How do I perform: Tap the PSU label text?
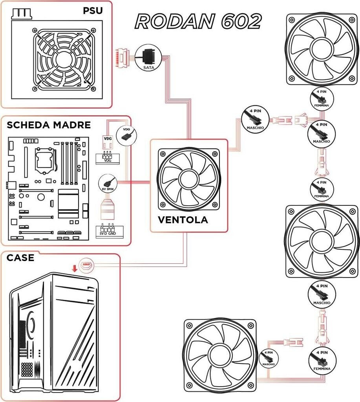(x=93, y=10)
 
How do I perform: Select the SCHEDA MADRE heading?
(x=49, y=125)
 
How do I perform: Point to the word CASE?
(x=20, y=258)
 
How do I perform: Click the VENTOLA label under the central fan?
(x=183, y=219)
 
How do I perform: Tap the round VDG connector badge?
(x=126, y=135)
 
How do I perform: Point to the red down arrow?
(x=73, y=268)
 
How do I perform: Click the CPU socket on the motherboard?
(x=44, y=159)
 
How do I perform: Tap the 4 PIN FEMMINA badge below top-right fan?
(x=320, y=99)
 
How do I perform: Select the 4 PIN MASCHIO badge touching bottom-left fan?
(x=268, y=358)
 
